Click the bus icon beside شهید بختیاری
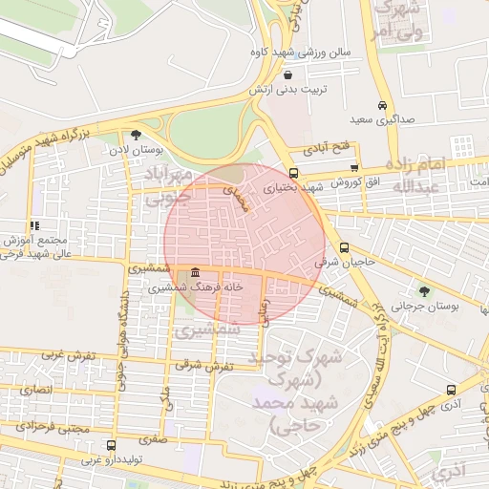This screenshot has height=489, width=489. (x=292, y=174)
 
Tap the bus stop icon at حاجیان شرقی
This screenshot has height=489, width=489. (x=344, y=247)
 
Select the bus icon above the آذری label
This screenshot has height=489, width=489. (x=451, y=390)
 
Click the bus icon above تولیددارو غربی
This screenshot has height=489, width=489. (x=111, y=445)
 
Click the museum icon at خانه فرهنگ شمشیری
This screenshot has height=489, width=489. (x=195, y=273)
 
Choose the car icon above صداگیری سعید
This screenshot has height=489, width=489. (x=382, y=105)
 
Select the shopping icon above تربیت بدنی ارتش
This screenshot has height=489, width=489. (x=288, y=74)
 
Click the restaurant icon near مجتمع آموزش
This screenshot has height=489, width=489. (x=35, y=225)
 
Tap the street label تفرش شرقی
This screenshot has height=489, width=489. (x=198, y=366)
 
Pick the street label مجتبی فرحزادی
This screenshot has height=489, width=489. (x=60, y=429)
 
